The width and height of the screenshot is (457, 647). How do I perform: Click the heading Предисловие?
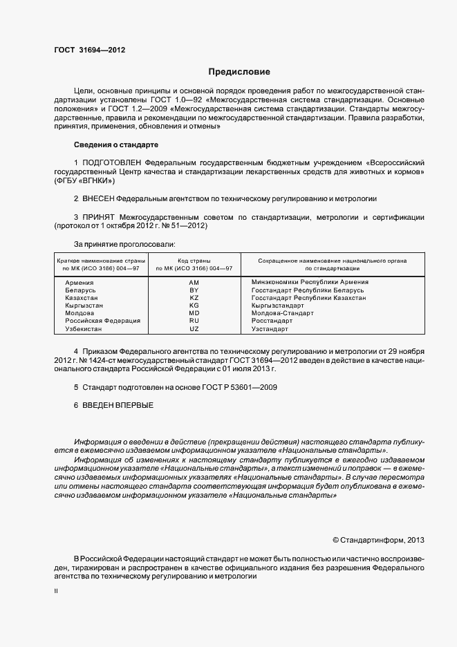(240, 72)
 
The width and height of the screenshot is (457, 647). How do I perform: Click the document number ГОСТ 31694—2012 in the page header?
(89, 50)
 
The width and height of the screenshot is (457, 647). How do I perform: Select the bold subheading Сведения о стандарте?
(116, 144)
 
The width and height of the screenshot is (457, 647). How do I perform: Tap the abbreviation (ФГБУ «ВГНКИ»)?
(84, 180)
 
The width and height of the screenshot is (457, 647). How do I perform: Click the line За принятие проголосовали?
(124, 244)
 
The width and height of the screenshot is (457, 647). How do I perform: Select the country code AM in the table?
(194, 282)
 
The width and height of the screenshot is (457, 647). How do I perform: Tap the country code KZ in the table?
(194, 297)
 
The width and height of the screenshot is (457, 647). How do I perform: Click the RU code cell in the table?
(194, 321)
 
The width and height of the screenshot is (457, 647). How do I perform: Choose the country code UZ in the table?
(194, 329)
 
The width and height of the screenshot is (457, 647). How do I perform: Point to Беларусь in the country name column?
(80, 290)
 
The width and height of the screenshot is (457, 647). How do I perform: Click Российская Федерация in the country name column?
(102, 321)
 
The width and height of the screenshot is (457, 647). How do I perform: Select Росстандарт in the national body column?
(272, 321)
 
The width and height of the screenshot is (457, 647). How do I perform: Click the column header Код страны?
(194, 260)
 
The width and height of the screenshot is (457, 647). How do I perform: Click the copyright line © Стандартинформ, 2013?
(378, 539)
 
